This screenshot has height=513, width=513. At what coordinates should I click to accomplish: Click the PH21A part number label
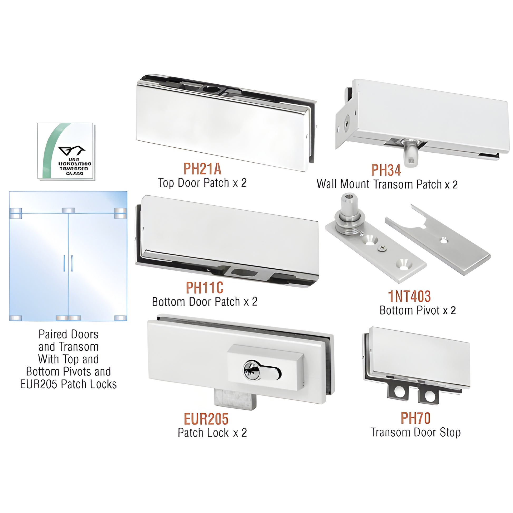pyautogui.click(x=202, y=169)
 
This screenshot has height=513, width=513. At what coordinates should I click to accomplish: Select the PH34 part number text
pyautogui.click(x=386, y=170)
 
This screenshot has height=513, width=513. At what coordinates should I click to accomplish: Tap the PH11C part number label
pyautogui.click(x=204, y=288)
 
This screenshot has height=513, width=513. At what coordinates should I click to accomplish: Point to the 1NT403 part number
pyautogui.click(x=409, y=296)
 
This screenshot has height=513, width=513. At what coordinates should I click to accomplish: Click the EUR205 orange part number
pyautogui.click(x=206, y=419)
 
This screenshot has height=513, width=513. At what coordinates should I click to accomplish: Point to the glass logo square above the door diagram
pyautogui.click(x=66, y=151)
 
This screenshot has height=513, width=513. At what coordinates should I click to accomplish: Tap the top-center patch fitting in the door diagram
pyautogui.click(x=69, y=211)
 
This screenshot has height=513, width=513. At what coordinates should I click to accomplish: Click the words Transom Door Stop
pyautogui.click(x=415, y=432)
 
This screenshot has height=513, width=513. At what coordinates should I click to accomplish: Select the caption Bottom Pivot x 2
pyautogui.click(x=417, y=310)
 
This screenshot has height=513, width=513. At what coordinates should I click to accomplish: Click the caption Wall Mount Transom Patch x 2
pyautogui.click(x=387, y=184)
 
